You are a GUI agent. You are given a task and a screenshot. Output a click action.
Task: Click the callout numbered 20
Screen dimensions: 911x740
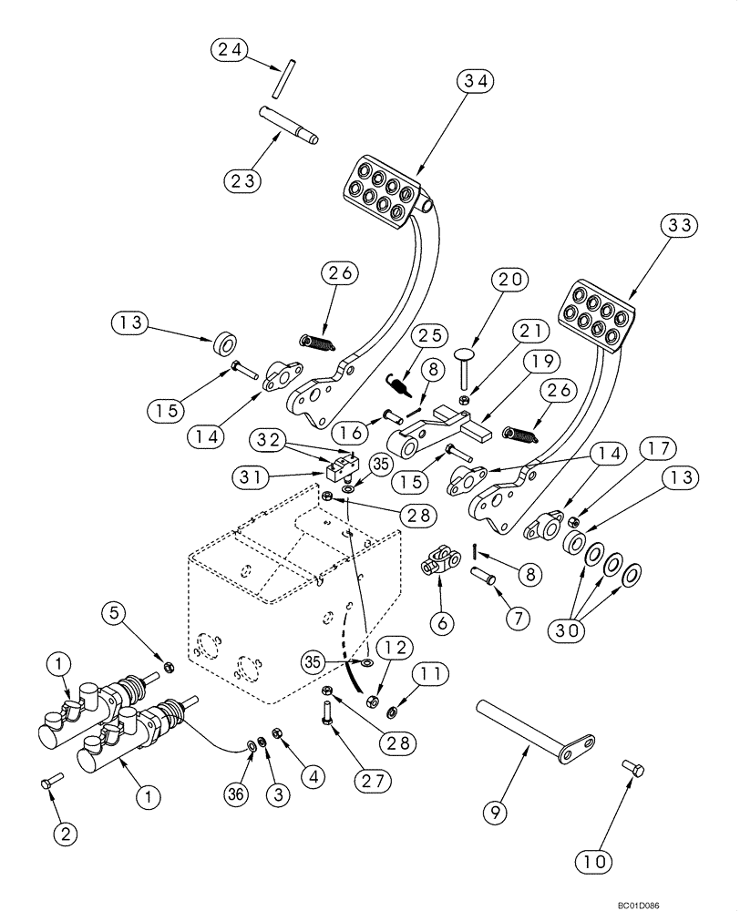(x=512, y=281)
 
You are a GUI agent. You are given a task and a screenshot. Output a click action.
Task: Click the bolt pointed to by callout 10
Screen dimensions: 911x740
(x=633, y=770)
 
